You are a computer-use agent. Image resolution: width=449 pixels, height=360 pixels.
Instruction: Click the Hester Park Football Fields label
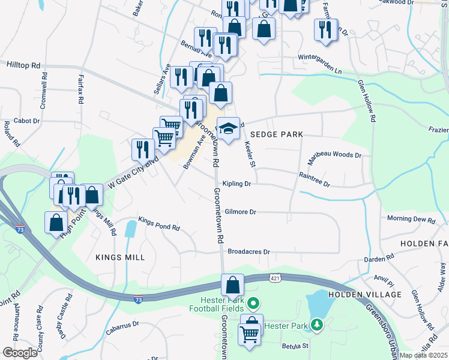223,304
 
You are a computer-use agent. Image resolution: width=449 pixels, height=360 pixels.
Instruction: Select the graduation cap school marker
228,129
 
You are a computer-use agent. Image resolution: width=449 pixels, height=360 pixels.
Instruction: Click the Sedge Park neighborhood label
277,134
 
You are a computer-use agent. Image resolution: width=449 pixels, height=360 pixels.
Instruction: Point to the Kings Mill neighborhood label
120,257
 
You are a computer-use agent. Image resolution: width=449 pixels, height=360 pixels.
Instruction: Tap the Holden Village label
364,295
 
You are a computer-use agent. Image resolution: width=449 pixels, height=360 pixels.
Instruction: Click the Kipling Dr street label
236,184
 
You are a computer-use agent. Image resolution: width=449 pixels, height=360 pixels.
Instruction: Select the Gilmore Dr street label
241,212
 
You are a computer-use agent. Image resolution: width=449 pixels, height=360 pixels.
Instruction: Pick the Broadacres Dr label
249,251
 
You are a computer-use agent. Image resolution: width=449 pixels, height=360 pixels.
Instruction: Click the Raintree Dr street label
315,179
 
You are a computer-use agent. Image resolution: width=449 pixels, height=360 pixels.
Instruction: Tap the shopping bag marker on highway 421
232,284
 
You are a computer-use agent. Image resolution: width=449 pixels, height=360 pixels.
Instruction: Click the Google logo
19,353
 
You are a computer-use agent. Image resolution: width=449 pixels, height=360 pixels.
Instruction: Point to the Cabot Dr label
26,121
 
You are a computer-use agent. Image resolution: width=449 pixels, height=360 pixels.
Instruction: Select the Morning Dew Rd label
411,219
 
